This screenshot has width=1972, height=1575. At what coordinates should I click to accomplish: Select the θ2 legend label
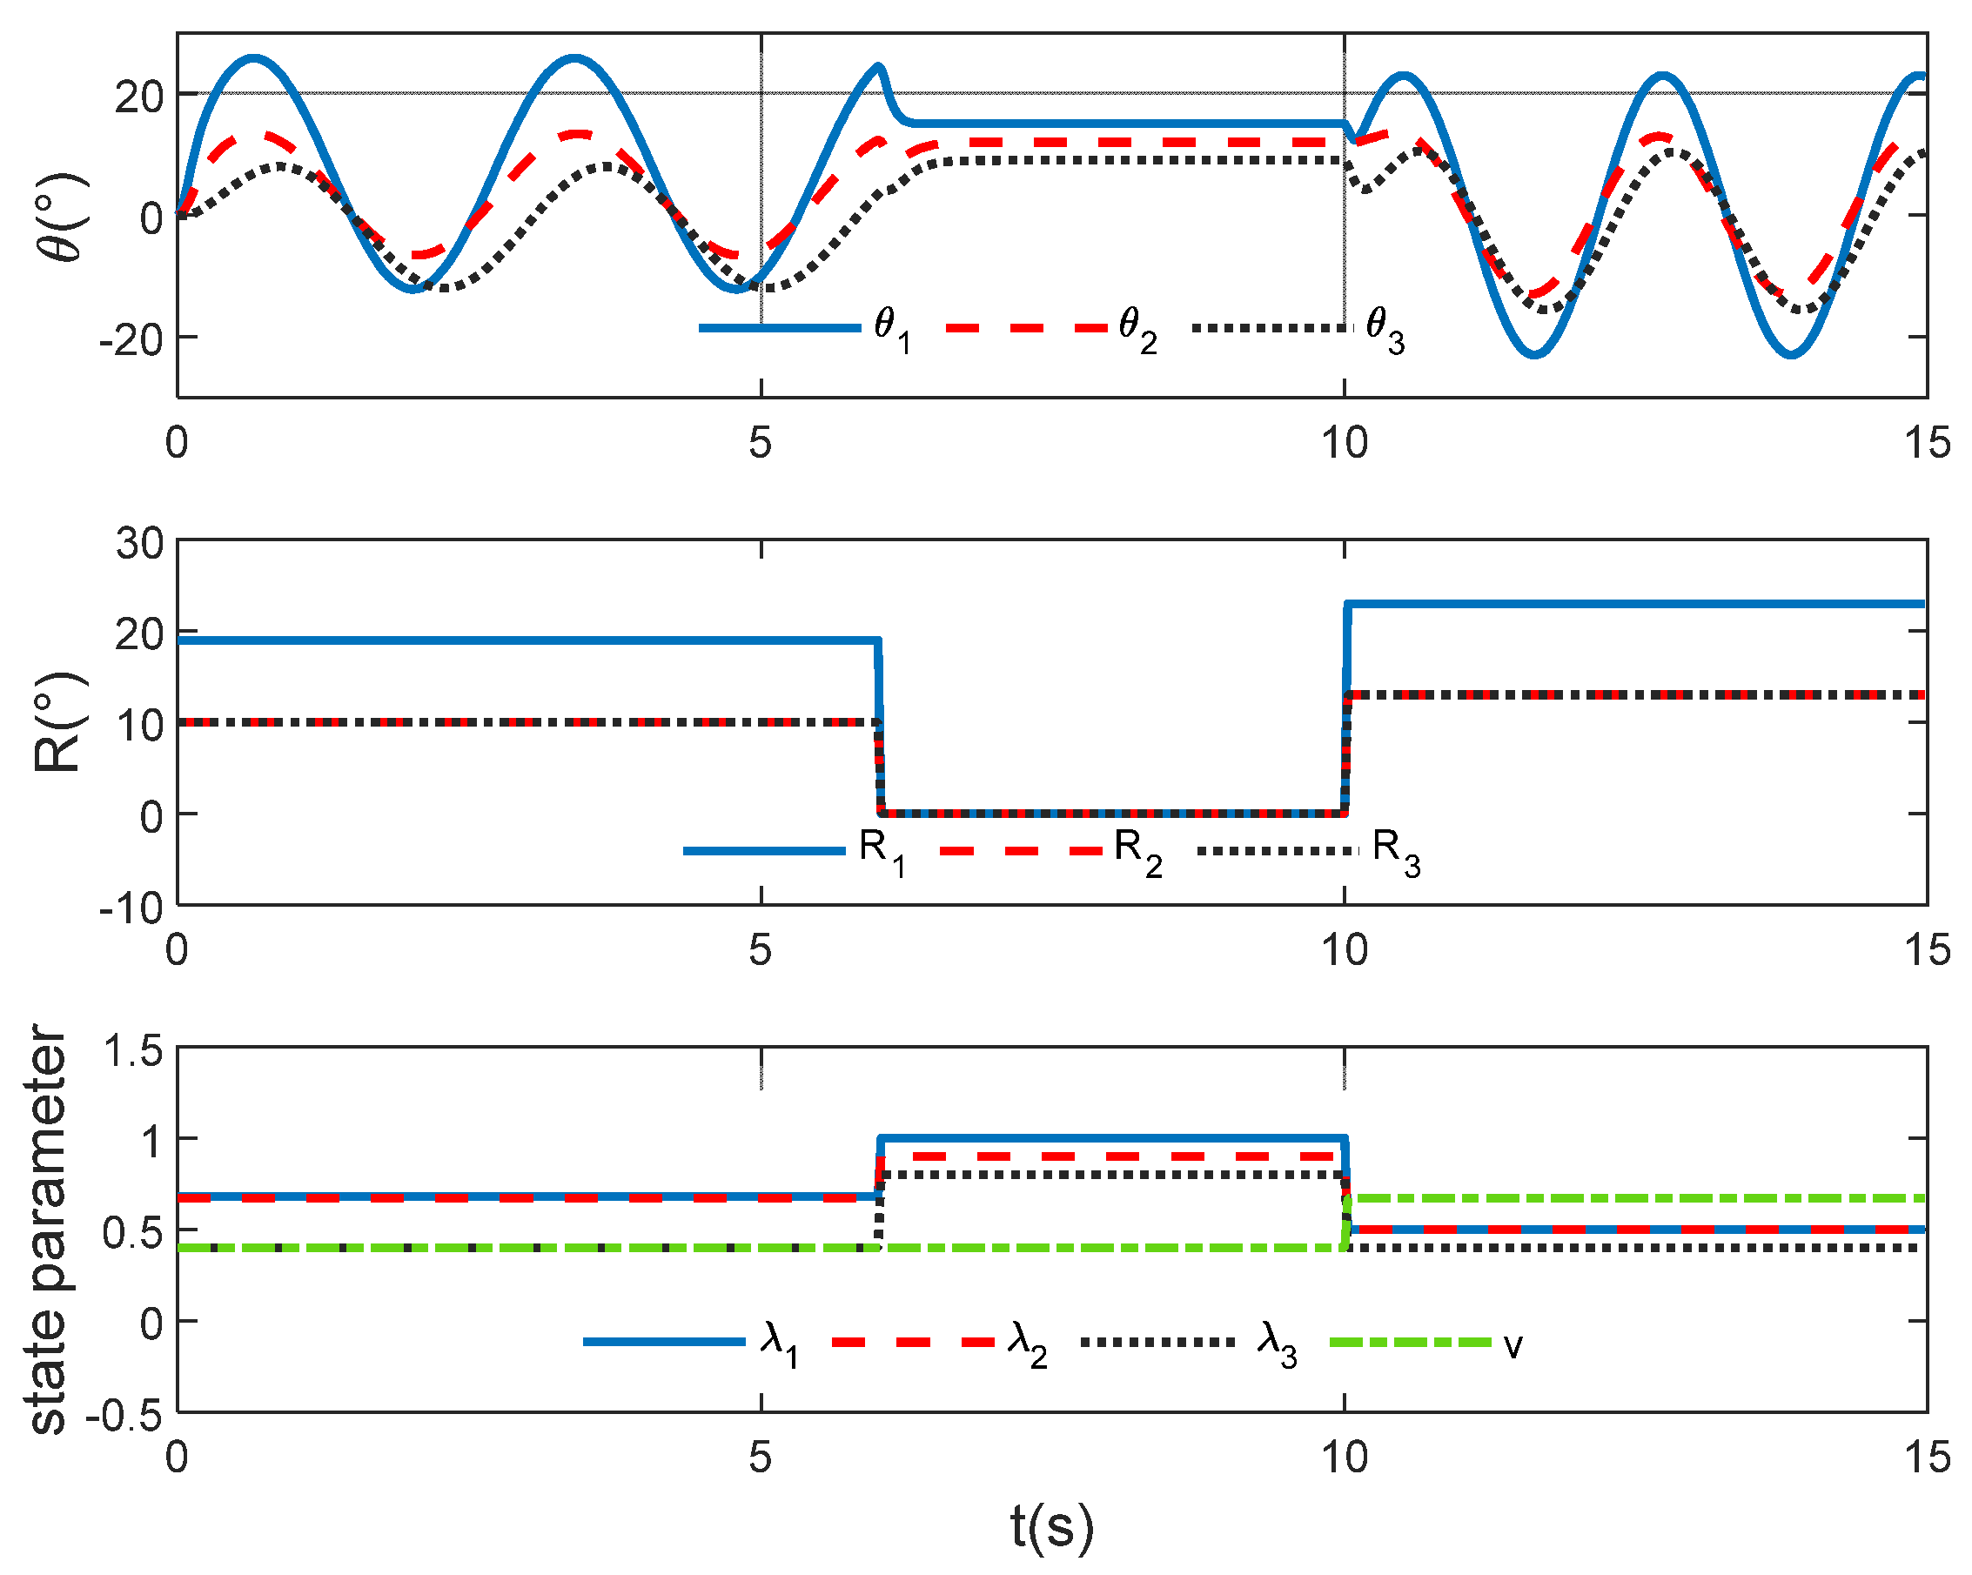[x=1137, y=329]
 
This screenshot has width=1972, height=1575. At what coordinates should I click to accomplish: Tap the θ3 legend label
[x=1384, y=329]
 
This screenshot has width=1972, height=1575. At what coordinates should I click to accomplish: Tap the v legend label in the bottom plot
[x=1513, y=1344]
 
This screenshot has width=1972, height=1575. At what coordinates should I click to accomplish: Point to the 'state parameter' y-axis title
[x=48, y=1230]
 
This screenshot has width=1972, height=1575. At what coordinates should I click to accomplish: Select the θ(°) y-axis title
[x=62, y=217]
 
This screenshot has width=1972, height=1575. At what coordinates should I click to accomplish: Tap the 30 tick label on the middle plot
[x=139, y=543]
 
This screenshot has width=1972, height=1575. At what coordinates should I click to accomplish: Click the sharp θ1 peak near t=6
[x=878, y=66]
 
